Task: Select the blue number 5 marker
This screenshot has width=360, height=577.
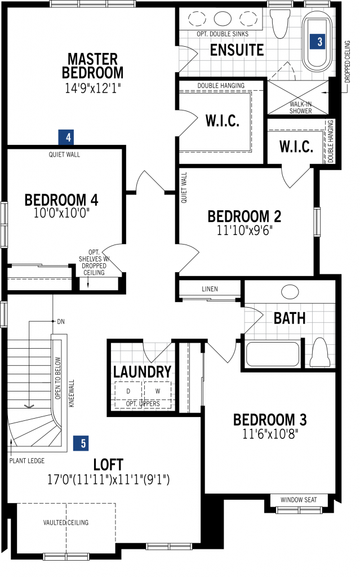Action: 81,443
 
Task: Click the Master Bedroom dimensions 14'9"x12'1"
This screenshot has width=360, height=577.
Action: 93,88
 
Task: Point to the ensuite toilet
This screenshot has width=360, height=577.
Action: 280,23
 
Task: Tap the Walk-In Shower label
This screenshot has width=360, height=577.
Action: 300,108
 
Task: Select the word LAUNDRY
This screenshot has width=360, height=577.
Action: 142,372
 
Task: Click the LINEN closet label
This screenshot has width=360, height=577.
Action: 210,289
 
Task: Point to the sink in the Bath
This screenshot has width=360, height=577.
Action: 290,292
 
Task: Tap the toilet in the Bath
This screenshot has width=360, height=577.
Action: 320,353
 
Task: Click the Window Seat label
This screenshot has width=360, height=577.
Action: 299,500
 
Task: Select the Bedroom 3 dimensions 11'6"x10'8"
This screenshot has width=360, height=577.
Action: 270,434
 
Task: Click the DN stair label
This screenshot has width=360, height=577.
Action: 61,322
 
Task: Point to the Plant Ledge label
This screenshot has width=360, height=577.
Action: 27,461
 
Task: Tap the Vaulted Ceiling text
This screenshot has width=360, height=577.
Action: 66,522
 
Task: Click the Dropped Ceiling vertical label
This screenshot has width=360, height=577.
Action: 348,62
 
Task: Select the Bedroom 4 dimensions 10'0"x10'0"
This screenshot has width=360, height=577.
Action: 61,213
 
